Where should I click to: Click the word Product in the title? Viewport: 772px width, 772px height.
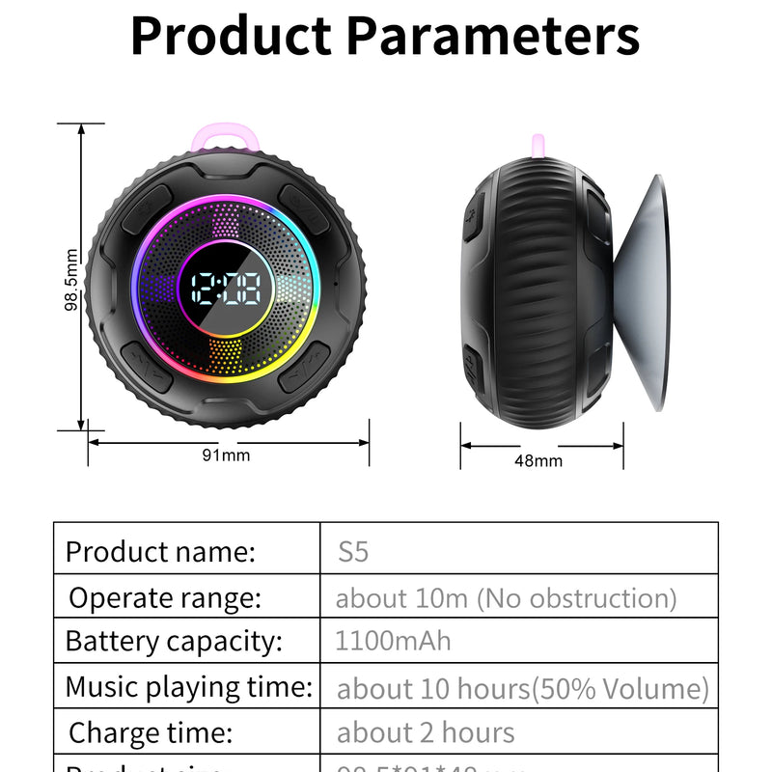tap(232, 36)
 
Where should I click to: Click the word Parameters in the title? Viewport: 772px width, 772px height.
tap(492, 36)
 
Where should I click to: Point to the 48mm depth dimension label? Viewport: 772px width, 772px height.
tap(538, 460)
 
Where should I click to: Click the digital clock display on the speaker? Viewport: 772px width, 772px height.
tap(225, 287)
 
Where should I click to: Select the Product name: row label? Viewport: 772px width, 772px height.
tap(160, 552)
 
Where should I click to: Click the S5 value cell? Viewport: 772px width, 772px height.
tap(353, 552)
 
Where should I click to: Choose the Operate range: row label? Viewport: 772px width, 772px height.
tap(165, 598)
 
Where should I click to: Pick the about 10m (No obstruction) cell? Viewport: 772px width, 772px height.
tap(506, 598)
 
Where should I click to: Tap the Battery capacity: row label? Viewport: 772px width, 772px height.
tap(174, 641)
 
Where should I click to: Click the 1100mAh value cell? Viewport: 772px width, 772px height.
tap(393, 641)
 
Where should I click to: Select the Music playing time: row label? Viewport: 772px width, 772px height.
tap(188, 687)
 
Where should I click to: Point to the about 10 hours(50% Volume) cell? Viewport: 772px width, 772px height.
tap(522, 689)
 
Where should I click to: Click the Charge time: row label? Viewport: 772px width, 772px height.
tap(151, 732)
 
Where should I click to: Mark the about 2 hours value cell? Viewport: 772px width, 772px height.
tap(426, 732)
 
